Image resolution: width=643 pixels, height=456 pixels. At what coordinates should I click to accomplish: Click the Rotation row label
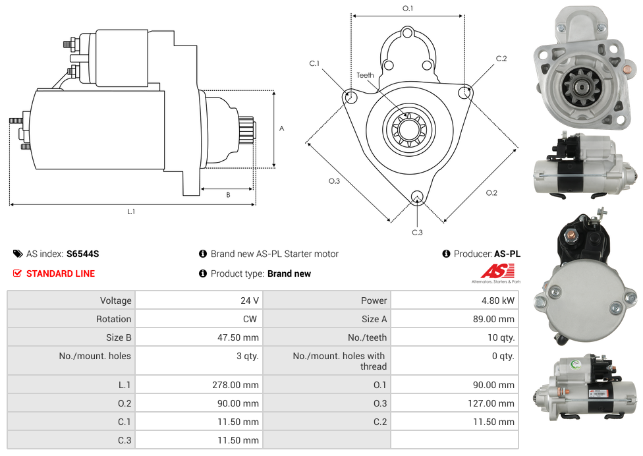pyautogui.click(x=113, y=319)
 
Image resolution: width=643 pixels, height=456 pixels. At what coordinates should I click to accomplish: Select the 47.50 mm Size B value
pyautogui.click(x=238, y=337)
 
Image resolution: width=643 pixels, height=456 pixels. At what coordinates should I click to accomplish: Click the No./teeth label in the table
pyautogui.click(x=368, y=337)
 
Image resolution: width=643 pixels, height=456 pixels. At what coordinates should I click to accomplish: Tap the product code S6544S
pyautogui.click(x=82, y=254)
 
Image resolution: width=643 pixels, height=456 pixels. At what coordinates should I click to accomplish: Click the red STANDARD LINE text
pyautogui.click(x=61, y=273)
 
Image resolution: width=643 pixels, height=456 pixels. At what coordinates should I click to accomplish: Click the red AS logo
pyautogui.click(x=496, y=271)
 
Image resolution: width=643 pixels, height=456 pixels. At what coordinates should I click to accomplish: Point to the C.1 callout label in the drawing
pyautogui.click(x=314, y=63)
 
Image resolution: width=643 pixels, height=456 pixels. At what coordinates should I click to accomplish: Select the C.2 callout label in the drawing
pyautogui.click(x=501, y=59)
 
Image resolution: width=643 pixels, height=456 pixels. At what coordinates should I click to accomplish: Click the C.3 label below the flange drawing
pyautogui.click(x=417, y=232)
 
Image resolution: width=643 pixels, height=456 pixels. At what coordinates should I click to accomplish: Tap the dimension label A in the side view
pyautogui.click(x=282, y=128)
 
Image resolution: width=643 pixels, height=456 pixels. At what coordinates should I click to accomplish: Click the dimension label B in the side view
pyautogui.click(x=228, y=195)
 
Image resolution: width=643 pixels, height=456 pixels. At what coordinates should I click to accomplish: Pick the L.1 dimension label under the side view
pyautogui.click(x=131, y=212)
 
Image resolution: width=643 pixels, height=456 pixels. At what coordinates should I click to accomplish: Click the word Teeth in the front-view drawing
pyautogui.click(x=365, y=75)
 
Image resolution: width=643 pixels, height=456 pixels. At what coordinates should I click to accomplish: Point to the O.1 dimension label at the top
pyautogui.click(x=408, y=9)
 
